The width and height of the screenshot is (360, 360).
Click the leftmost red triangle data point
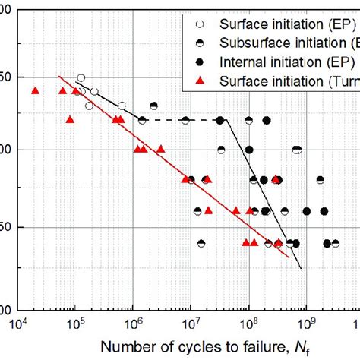35,91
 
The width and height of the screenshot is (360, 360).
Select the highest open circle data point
81,77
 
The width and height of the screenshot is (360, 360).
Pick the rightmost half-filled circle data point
335,244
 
